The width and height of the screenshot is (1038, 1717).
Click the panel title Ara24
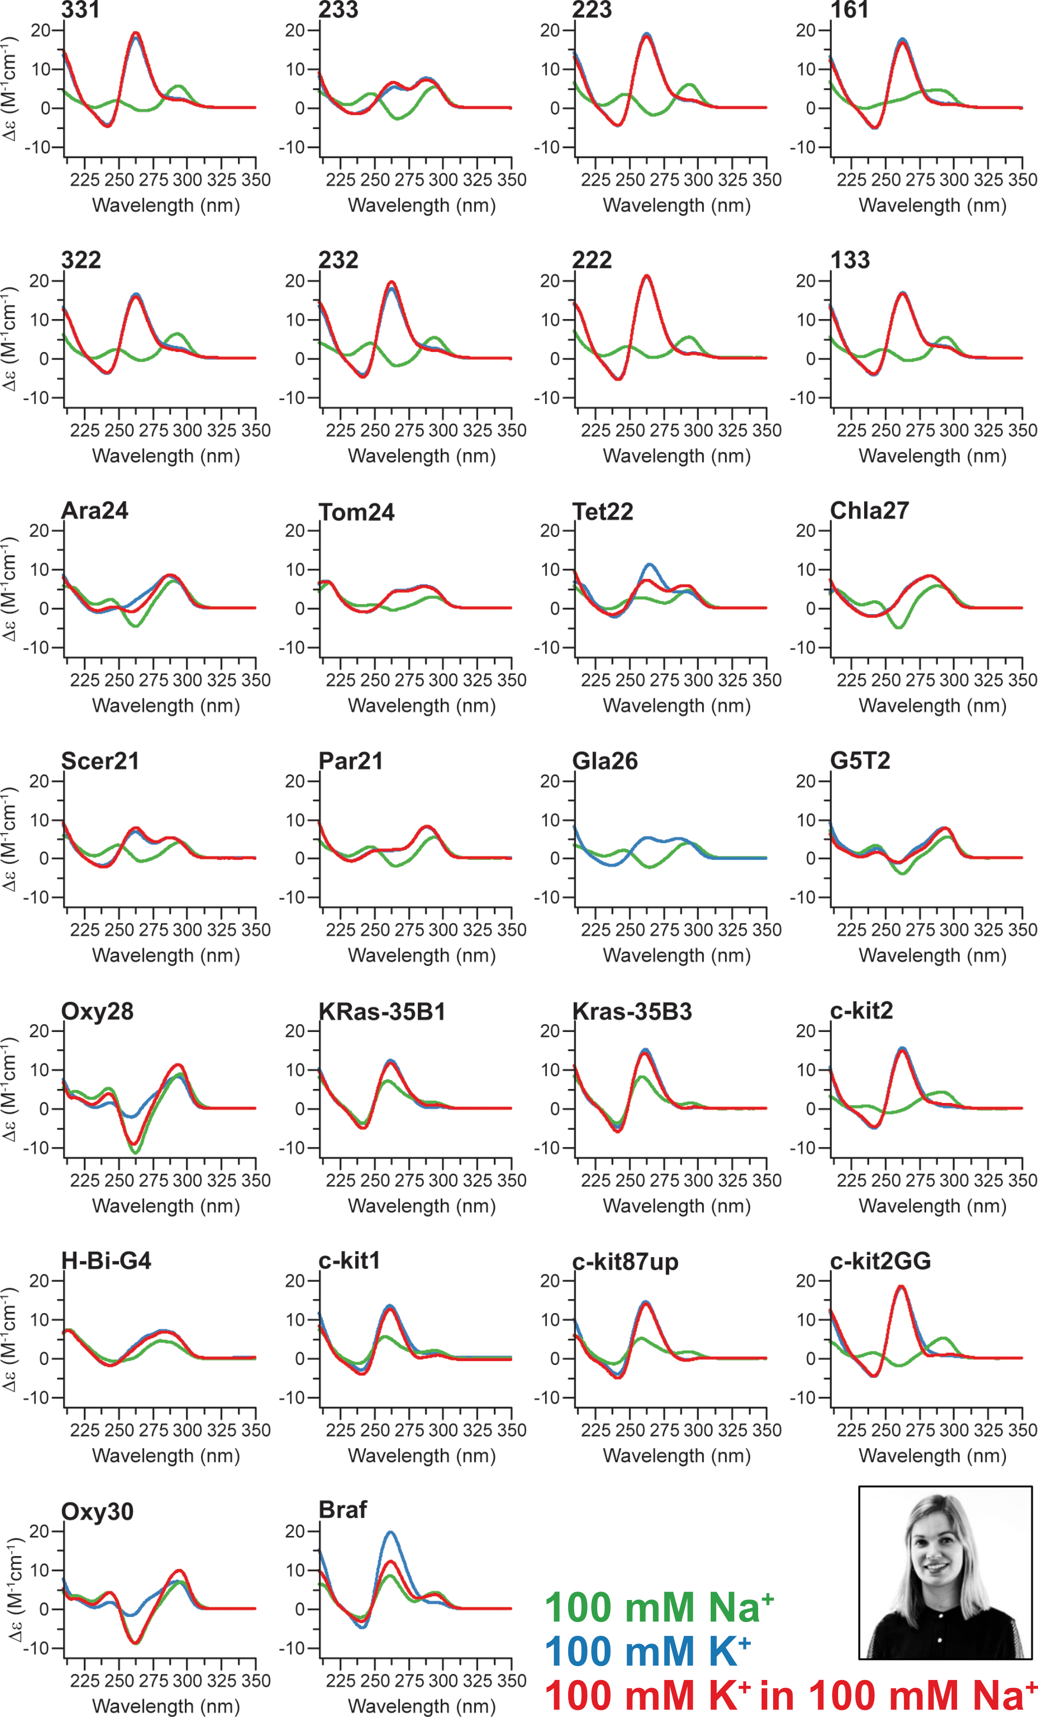click(x=95, y=511)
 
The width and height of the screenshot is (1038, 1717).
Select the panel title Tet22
click(x=603, y=512)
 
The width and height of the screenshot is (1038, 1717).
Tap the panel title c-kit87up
click(x=625, y=1262)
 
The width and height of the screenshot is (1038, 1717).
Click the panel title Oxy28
click(x=97, y=1011)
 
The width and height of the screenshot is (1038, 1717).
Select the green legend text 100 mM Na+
click(x=658, y=1607)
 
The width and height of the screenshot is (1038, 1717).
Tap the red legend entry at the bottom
click(x=791, y=1695)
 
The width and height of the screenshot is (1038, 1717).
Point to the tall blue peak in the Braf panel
click(x=391, y=1532)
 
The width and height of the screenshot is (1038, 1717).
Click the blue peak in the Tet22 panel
click(x=650, y=564)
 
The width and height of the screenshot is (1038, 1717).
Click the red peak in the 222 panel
click(x=647, y=276)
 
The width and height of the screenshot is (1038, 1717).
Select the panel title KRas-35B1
click(x=382, y=1011)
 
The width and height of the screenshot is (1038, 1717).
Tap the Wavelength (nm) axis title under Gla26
click(x=677, y=955)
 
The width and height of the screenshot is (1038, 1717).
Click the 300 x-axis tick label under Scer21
click(x=187, y=929)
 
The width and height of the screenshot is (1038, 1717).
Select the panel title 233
click(x=338, y=10)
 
